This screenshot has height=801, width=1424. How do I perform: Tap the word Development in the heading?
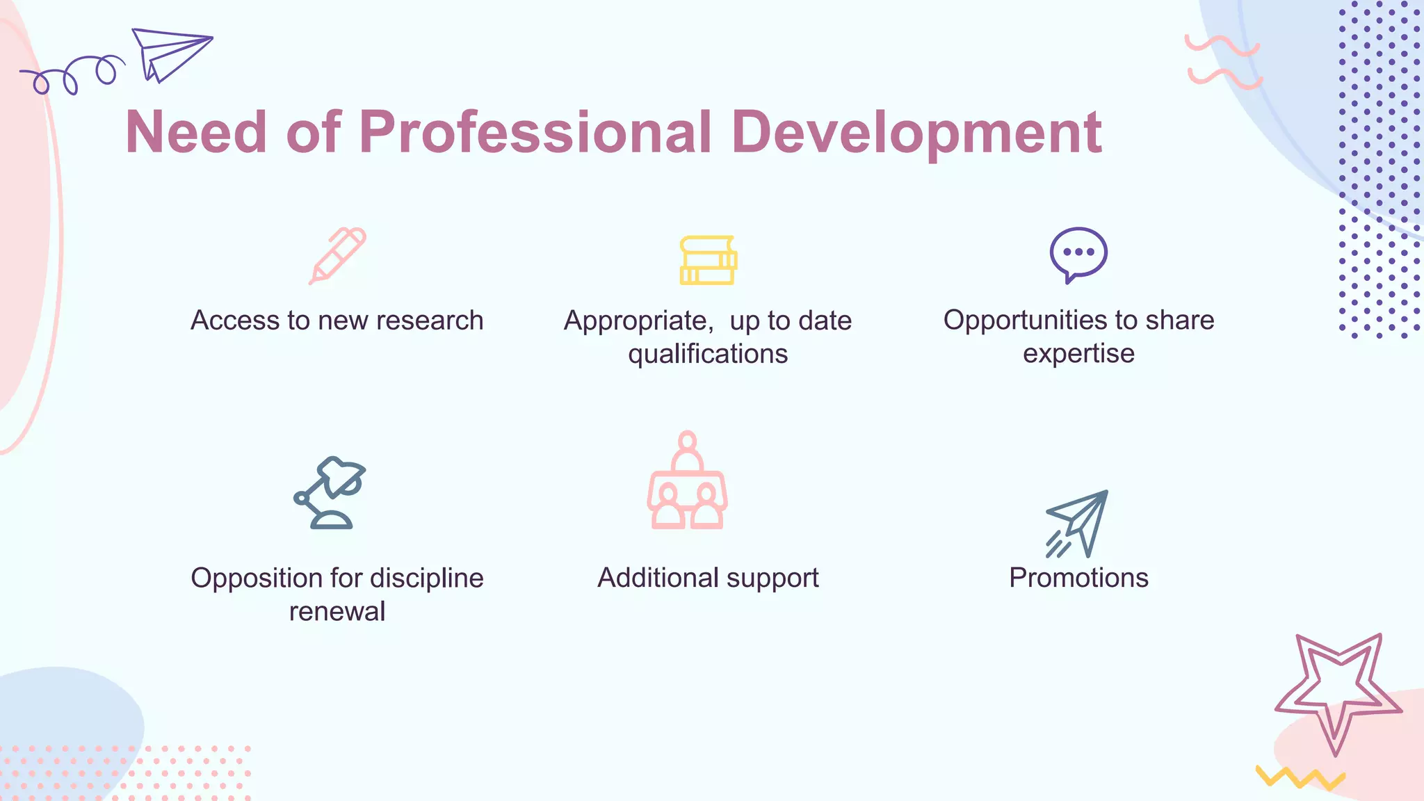[x=916, y=133]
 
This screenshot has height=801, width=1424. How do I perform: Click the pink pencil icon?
[x=338, y=255]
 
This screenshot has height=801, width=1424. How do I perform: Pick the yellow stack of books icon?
[x=708, y=260]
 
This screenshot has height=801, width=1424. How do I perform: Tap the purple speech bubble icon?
[x=1078, y=254]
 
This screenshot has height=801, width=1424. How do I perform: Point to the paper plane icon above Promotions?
[x=1078, y=524]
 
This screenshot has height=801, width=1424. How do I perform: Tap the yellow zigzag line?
[x=1300, y=778]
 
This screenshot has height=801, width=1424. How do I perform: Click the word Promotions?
[x=1078, y=578]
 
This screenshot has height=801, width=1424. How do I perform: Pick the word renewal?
[x=337, y=612]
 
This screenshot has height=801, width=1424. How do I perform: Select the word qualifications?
[x=708, y=355]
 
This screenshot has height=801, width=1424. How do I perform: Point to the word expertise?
[x=1078, y=355]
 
